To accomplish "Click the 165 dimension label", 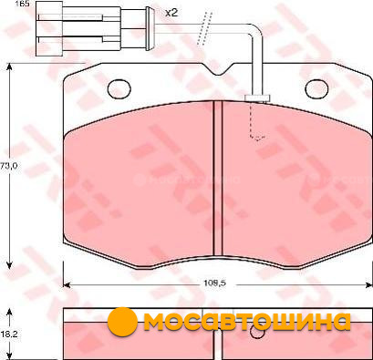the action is (22, 4).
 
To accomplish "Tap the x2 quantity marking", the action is (171, 13).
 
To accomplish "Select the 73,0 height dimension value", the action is (9, 166).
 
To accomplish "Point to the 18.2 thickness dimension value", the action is (9, 334).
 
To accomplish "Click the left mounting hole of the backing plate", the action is (119, 88).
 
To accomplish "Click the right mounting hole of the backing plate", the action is (316, 88).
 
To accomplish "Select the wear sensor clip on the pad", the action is (257, 98).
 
